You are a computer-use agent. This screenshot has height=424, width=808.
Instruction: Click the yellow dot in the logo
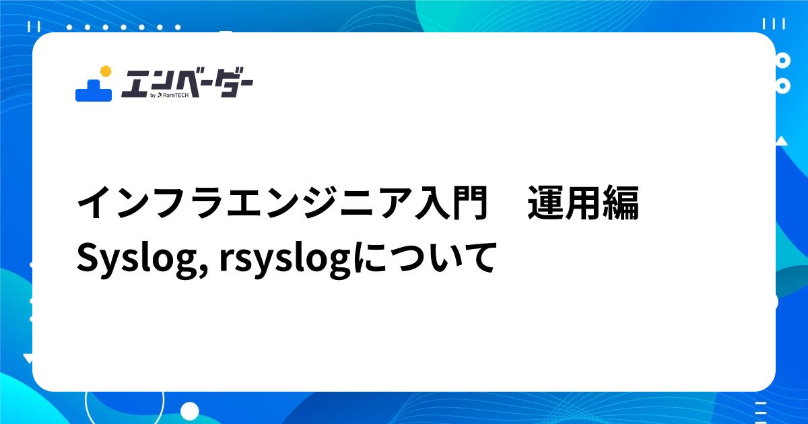104,71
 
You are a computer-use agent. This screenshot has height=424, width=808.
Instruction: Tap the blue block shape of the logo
93,91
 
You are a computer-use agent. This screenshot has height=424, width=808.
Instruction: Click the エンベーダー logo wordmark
187,83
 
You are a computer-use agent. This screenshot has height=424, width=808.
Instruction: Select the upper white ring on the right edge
782,61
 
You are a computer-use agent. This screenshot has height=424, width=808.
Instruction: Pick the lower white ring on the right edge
782,86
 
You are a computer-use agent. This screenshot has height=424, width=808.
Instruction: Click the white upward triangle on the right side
781,141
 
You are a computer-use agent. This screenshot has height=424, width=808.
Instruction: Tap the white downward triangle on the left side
27,357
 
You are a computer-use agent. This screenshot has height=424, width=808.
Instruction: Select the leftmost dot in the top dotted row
69,27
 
